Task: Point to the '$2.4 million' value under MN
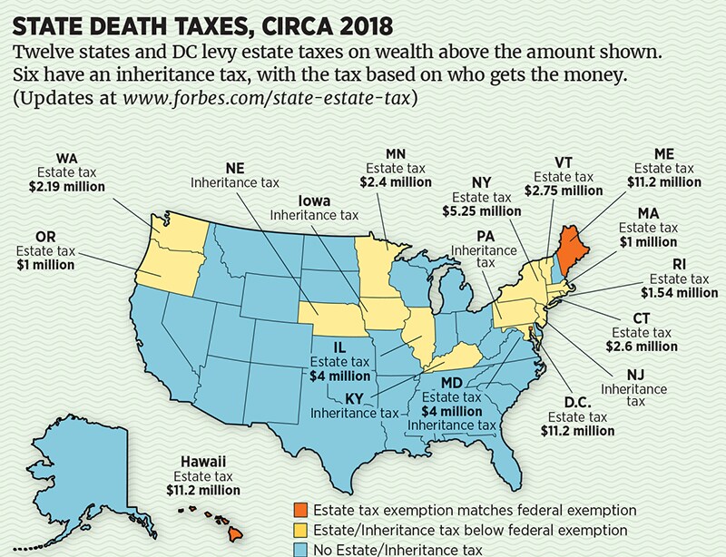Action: (397, 181)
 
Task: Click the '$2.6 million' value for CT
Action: (637, 347)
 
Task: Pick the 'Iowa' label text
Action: (313, 200)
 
